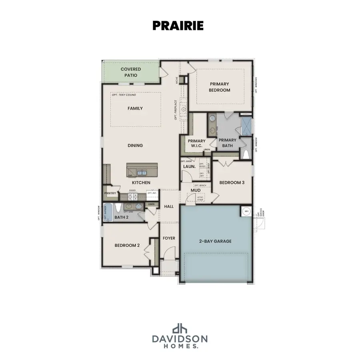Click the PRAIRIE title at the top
(x=178, y=25)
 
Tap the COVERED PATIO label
(x=131, y=72)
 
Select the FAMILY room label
(x=135, y=108)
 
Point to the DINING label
(x=135, y=146)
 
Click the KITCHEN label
(x=141, y=183)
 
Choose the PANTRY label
(x=110, y=194)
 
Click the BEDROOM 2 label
(x=127, y=246)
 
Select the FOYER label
(x=169, y=238)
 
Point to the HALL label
(x=169, y=206)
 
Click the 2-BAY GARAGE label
(x=216, y=241)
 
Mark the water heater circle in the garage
(x=246, y=211)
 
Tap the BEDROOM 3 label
(x=232, y=182)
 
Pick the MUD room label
(x=195, y=190)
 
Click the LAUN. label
(x=189, y=166)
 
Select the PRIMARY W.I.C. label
(x=197, y=143)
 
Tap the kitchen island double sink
(x=142, y=173)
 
